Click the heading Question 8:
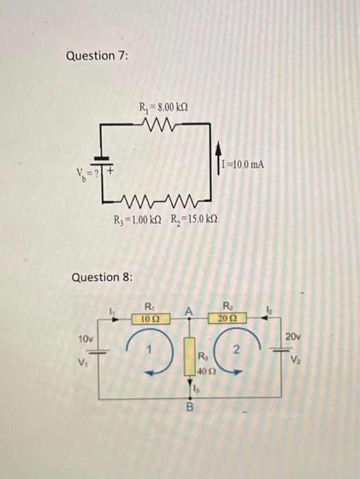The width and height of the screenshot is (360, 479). pyautogui.click(x=103, y=277)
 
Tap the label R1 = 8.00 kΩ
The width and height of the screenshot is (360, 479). pyautogui.click(x=163, y=107)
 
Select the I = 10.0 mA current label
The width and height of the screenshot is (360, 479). pyautogui.click(x=242, y=165)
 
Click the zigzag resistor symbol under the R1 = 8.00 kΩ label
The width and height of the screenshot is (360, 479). pyautogui.click(x=163, y=124)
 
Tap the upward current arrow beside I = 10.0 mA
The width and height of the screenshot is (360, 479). pyautogui.click(x=217, y=156)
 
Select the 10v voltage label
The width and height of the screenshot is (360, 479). pyautogui.click(x=85, y=339)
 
